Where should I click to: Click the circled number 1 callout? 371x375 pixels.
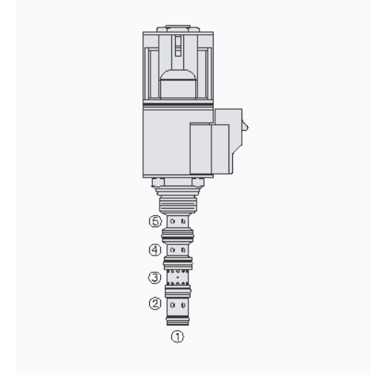coord(177,337)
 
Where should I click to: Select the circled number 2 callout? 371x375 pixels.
coord(155,304)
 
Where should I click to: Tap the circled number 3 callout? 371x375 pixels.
coord(154,278)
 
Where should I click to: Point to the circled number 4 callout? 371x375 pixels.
coord(155,250)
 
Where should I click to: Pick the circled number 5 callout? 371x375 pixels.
coord(155,221)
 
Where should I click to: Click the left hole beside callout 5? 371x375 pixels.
coord(173,221)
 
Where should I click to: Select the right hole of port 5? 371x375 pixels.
coord(183,221)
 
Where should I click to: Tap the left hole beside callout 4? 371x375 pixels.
coord(173,250)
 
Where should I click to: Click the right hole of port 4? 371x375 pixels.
coord(183,250)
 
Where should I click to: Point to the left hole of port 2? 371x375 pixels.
coord(173,305)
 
